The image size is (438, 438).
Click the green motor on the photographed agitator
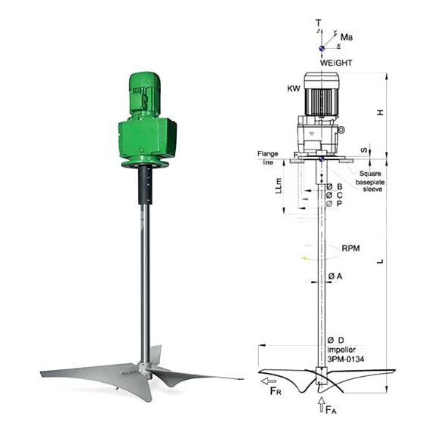coord(145,94)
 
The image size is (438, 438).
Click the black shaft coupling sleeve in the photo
coord(146,185)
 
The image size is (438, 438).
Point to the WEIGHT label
coord(336,63)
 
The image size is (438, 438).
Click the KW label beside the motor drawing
coord(294,89)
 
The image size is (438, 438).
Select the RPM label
coord(350,248)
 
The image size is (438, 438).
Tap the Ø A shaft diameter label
coord(335,276)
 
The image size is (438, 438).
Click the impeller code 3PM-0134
coord(346,359)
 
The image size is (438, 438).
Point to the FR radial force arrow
coord(269,381)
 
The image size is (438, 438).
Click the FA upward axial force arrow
coord(322,405)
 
